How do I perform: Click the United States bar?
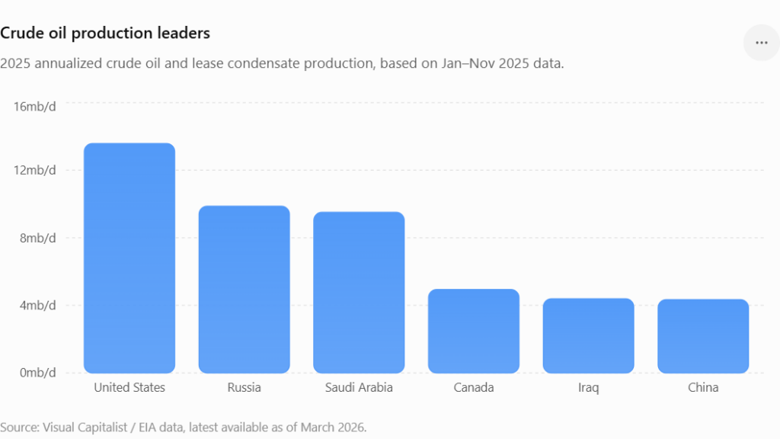tap(129, 258)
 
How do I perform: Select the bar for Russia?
tap(245, 289)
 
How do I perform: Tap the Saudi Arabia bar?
tap(359, 292)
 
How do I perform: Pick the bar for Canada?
tap(474, 331)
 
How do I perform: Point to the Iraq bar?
tap(589, 335)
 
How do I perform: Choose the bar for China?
tap(703, 336)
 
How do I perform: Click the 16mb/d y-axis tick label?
tap(35, 107)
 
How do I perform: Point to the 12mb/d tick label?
tap(35, 170)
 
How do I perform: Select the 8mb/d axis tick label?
tap(38, 238)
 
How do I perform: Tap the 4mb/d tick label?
tap(38, 305)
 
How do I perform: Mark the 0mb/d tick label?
tap(38, 373)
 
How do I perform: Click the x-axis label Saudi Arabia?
tap(359, 387)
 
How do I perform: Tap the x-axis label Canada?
tap(474, 387)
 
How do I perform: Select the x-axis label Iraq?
tap(589, 388)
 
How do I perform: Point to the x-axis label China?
tap(703, 387)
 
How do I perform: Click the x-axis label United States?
tap(129, 387)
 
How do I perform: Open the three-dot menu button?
tap(762, 43)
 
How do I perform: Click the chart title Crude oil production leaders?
tap(105, 33)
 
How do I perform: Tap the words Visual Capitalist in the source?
tap(85, 427)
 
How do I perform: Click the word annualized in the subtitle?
tap(63, 64)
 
